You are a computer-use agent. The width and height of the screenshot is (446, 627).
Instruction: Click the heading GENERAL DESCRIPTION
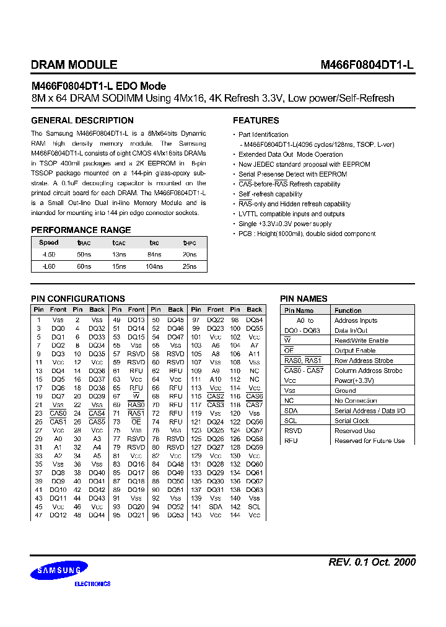point(77,120)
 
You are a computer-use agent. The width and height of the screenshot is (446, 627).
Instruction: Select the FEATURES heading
point(256,120)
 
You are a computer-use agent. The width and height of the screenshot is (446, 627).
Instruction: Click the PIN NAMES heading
point(304,299)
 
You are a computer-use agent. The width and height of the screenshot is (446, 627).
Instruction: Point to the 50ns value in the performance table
point(84,255)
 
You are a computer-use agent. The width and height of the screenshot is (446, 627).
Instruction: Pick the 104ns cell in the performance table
point(154,266)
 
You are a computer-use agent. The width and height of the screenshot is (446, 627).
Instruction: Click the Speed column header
point(49,243)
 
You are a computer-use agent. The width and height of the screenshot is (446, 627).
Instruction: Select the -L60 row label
point(49,266)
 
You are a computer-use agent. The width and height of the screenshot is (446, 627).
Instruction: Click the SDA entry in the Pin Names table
point(291,411)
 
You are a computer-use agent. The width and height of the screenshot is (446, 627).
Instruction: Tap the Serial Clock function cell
point(352,421)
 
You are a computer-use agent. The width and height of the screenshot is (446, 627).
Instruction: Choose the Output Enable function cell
point(355,351)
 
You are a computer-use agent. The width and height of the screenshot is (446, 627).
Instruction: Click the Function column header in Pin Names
point(348,310)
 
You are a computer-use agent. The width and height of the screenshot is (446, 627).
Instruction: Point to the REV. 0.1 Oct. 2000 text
point(372,562)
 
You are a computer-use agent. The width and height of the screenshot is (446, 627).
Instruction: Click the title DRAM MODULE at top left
point(74,64)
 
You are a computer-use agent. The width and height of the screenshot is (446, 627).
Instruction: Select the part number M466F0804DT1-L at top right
point(367,64)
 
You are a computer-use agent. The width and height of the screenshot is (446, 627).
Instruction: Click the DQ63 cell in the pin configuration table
point(255,489)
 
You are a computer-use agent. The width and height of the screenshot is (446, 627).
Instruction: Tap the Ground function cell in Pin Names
point(345,391)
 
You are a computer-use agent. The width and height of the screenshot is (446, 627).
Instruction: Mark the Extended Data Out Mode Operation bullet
point(291,154)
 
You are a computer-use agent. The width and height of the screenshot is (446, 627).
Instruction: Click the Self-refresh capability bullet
point(270,194)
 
